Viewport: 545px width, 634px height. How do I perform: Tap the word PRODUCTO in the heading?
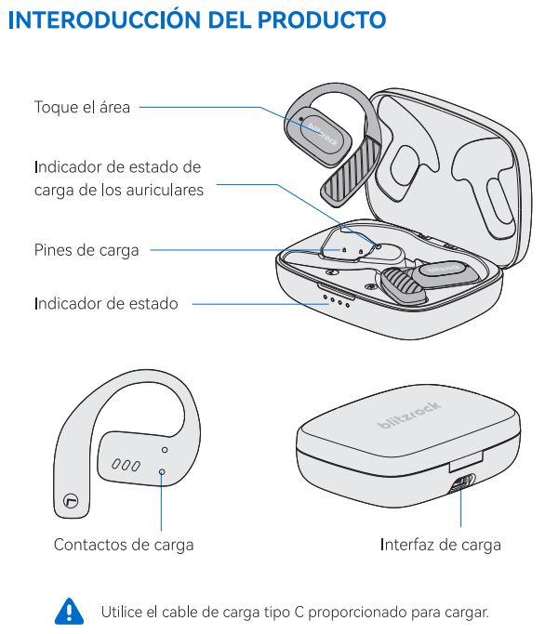pos(322,20)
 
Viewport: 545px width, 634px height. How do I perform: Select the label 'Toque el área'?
pos(82,108)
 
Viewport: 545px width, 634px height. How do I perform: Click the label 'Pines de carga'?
pos(86,250)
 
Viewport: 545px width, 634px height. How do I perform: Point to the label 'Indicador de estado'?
pos(106,304)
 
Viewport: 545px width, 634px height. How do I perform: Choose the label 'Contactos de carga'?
pos(124,545)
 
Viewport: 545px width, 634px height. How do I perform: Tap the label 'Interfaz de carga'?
pos(441,545)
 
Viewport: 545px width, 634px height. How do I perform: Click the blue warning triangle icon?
pos(69,611)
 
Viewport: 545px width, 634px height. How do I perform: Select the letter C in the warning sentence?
pos(299,612)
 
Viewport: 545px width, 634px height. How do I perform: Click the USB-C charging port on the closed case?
pos(461,483)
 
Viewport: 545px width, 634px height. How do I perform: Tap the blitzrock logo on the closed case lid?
pos(408,415)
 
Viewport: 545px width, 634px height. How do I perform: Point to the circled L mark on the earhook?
pos(72,501)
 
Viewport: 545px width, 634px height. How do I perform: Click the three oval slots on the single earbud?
pos(126,465)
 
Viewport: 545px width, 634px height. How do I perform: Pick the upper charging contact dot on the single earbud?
pos(165,450)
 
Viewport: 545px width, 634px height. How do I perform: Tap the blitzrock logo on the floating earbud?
pos(323,134)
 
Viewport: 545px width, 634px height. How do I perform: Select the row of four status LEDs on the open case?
pos(337,300)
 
